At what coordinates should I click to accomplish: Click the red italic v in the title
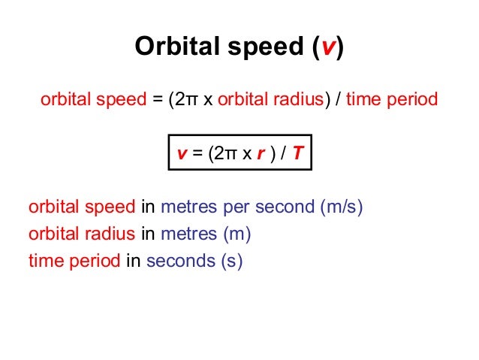click(x=328, y=47)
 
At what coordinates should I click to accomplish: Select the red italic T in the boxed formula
click(x=297, y=154)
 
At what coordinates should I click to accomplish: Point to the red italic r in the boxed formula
click(x=261, y=154)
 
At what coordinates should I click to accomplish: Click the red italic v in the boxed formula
click(x=182, y=154)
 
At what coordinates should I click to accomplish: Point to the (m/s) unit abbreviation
click(x=342, y=207)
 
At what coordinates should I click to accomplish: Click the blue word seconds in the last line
click(x=180, y=261)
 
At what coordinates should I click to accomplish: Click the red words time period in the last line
click(x=74, y=261)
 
